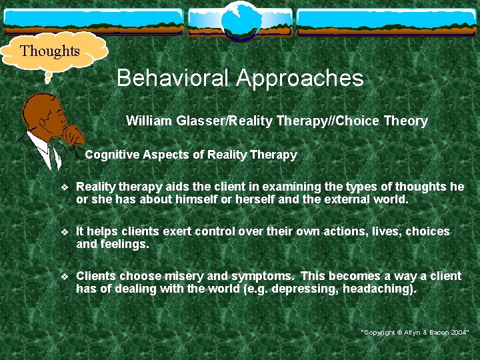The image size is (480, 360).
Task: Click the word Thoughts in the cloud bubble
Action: coord(50,51)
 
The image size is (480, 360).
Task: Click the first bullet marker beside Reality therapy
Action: coord(64,188)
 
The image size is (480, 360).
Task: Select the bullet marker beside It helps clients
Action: coord(64,232)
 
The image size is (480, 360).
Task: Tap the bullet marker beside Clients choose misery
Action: coord(64,277)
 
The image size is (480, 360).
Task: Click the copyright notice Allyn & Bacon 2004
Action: coord(415,331)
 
